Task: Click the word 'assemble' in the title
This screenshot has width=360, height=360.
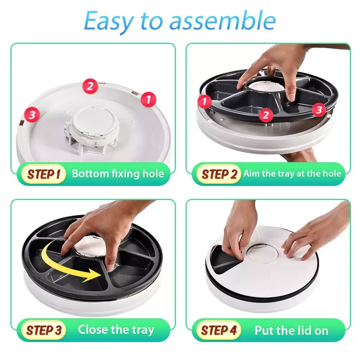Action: click(x=223, y=21)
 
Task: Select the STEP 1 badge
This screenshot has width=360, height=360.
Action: click(x=43, y=174)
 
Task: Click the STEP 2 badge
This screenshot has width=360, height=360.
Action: click(x=218, y=174)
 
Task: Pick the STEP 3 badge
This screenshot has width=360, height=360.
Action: click(x=43, y=330)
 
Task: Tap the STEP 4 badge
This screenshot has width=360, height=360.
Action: click(x=218, y=330)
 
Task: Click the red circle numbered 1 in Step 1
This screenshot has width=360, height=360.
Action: click(x=148, y=99)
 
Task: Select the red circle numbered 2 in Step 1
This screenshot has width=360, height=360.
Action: click(x=90, y=86)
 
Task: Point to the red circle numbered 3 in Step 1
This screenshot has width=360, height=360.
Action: click(x=32, y=115)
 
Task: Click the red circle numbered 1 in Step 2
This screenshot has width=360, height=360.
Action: click(x=204, y=101)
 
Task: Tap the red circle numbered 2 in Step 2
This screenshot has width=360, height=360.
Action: click(x=266, y=115)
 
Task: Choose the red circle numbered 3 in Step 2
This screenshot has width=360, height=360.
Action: click(x=319, y=110)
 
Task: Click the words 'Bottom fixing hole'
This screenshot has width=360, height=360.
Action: click(x=118, y=174)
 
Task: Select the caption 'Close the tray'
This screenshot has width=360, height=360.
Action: click(x=116, y=330)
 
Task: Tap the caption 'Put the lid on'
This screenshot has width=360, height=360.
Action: click(x=291, y=331)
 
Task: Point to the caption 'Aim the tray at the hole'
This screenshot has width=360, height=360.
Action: click(x=292, y=174)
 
